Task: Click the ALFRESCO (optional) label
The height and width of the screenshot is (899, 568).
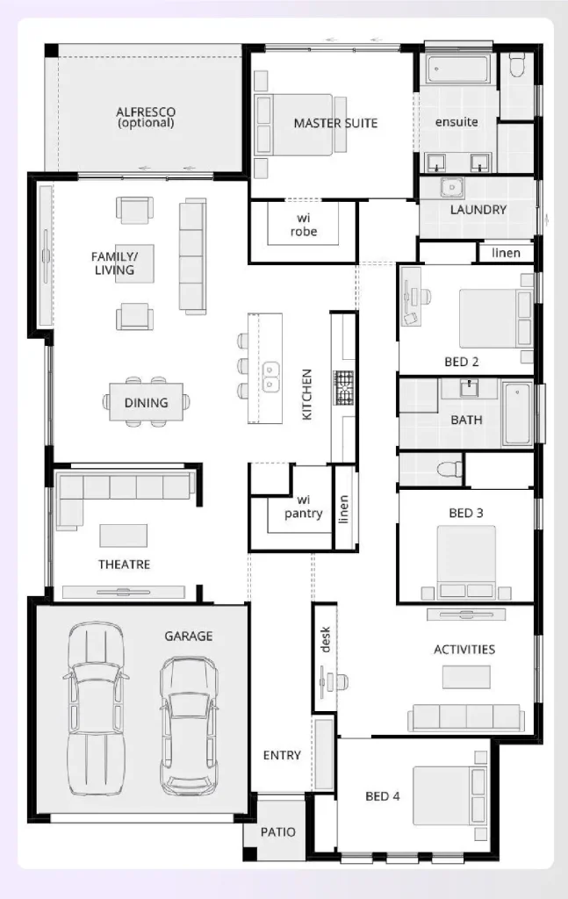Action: click(x=146, y=117)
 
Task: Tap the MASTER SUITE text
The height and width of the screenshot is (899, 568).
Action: click(x=335, y=123)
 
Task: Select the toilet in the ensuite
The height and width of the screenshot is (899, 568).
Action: click(x=516, y=65)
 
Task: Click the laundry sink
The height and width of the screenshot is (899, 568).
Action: click(x=451, y=188)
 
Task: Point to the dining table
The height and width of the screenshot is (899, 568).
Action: click(x=146, y=402)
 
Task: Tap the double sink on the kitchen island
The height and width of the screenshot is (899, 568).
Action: click(x=271, y=377)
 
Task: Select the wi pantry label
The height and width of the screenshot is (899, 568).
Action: click(x=303, y=507)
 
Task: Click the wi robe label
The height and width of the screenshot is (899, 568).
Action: click(x=304, y=225)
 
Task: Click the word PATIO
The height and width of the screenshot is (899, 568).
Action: click(x=277, y=831)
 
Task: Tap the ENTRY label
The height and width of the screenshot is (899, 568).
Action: click(x=282, y=755)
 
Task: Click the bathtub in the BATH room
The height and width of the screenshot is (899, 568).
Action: click(x=518, y=414)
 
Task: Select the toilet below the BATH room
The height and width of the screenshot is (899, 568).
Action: click(x=450, y=467)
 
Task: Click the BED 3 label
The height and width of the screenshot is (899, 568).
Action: click(x=461, y=513)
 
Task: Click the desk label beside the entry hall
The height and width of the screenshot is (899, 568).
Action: click(x=325, y=644)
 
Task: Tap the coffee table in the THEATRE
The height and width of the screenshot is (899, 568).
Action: click(x=124, y=535)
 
